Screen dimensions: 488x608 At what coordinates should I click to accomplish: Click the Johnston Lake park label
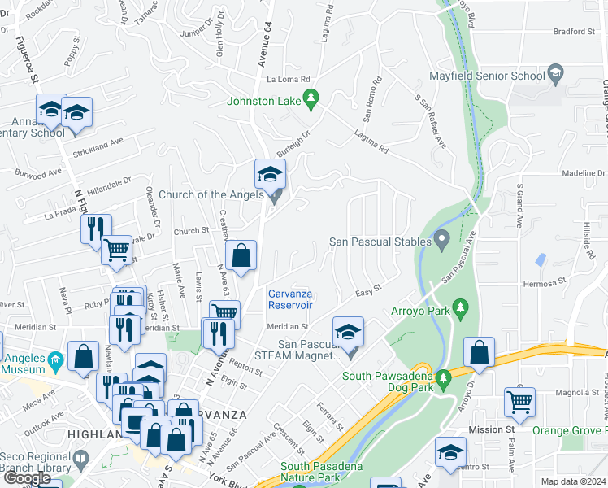click(x=264, y=102)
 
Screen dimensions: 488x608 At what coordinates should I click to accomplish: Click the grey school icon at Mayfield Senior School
click(x=556, y=73)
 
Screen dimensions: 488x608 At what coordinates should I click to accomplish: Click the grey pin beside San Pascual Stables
click(x=442, y=239)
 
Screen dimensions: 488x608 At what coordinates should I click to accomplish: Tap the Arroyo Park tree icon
click(x=461, y=307)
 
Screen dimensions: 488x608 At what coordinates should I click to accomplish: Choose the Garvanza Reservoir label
click(x=290, y=299)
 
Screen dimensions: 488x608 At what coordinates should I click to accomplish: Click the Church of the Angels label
click(x=211, y=194)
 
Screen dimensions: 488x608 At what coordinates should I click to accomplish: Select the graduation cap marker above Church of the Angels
click(x=271, y=174)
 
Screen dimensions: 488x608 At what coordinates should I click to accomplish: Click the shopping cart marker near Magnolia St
click(x=519, y=402)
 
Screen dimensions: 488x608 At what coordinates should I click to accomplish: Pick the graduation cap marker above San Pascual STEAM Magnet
click(x=347, y=332)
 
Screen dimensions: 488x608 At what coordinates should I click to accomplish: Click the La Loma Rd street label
click(x=289, y=80)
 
